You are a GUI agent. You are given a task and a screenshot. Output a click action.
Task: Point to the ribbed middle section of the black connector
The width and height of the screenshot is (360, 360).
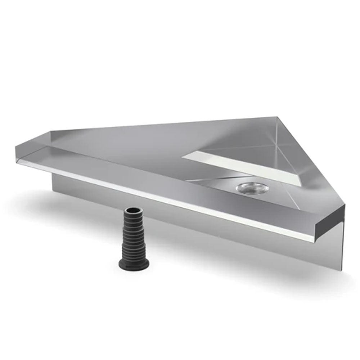[134, 238]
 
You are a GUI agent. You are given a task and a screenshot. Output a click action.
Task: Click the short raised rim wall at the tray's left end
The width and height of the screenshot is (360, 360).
[34, 139]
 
